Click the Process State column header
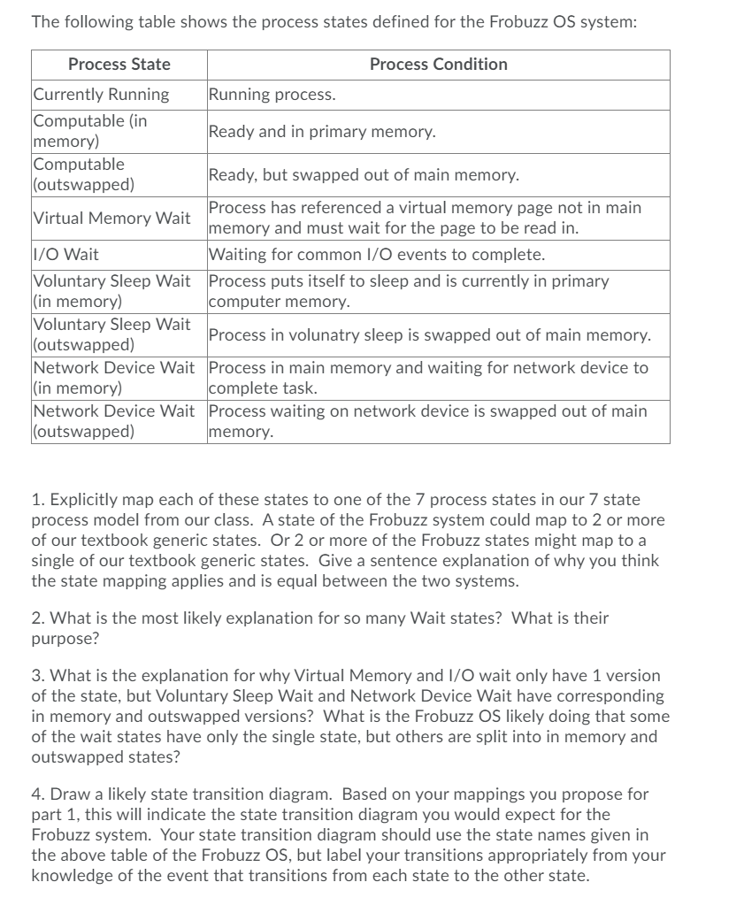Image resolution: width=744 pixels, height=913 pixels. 119,65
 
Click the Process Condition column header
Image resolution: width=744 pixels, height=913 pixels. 438,65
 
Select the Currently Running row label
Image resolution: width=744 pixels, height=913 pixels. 101,95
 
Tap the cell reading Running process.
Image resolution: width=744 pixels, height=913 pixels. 272,95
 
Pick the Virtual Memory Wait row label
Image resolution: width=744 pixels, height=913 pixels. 111,218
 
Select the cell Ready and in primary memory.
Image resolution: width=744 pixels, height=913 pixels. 322,132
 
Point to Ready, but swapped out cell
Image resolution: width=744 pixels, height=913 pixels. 364,175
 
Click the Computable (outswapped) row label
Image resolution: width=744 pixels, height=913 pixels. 84,174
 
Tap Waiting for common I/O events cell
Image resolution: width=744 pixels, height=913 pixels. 377,255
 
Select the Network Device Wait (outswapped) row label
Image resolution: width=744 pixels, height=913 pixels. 113,421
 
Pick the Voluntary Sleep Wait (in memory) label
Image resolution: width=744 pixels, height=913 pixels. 111,291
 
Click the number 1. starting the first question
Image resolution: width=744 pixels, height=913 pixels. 37,502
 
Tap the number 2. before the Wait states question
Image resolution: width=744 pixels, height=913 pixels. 38,618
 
